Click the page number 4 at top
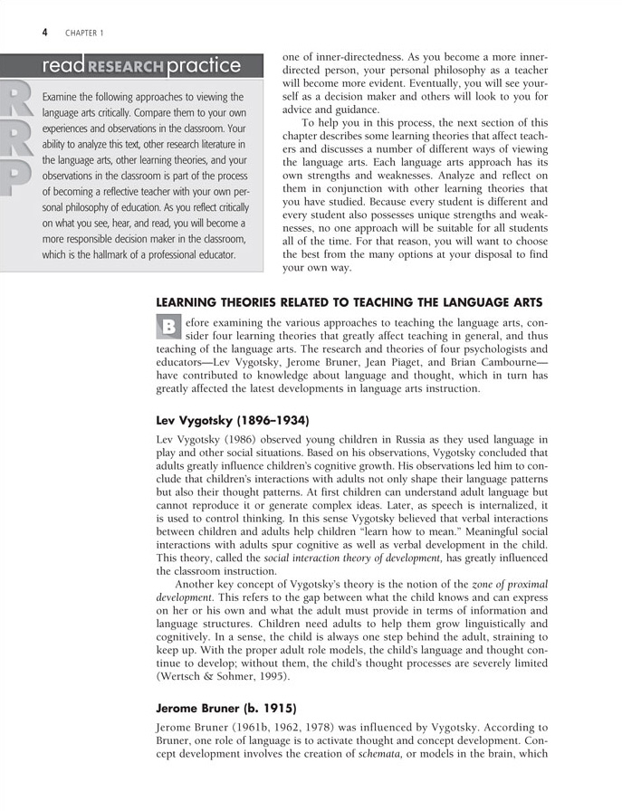(44, 33)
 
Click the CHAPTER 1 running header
(84, 33)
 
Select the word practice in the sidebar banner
(205, 65)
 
